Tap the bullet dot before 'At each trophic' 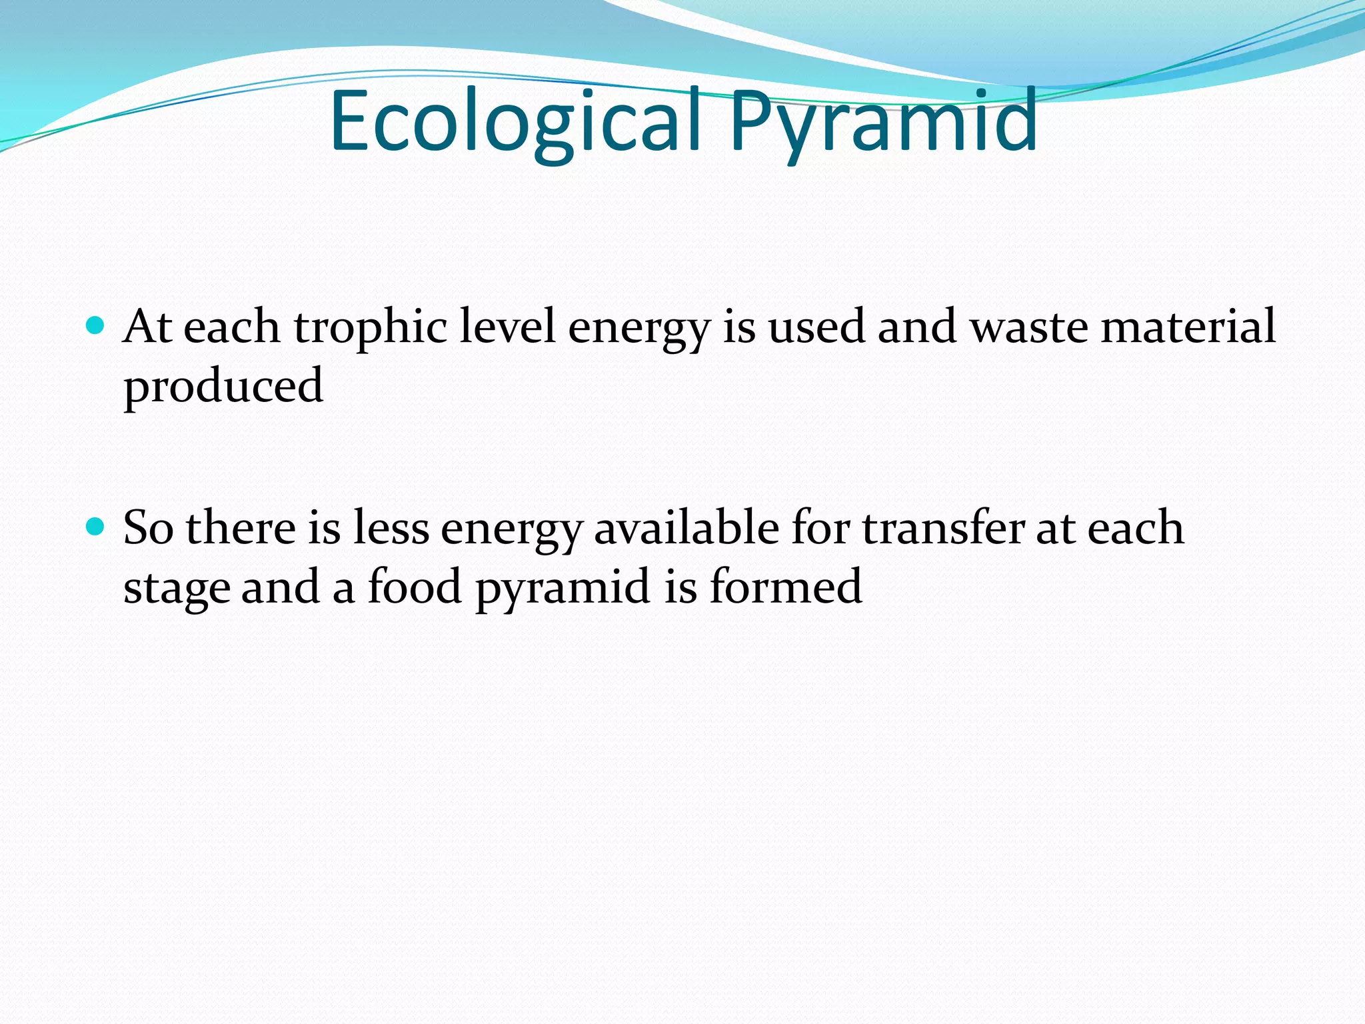click(x=96, y=326)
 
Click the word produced click(x=223, y=387)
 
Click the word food click(x=415, y=587)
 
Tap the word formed click(x=786, y=587)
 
